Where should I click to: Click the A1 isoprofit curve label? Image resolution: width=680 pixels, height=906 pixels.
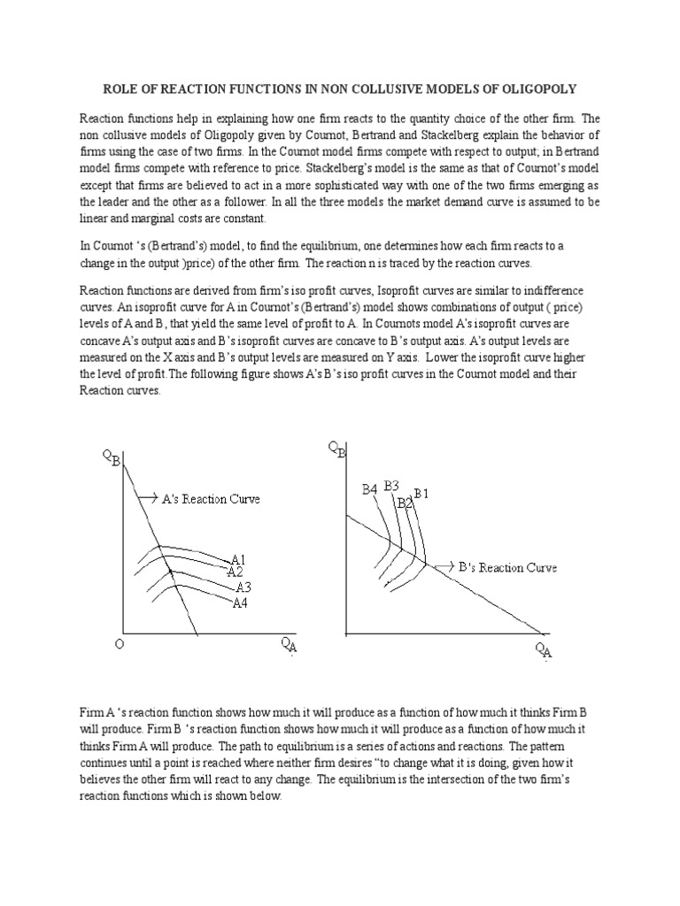(x=238, y=559)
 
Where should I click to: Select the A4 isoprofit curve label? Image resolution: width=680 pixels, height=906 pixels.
(x=240, y=603)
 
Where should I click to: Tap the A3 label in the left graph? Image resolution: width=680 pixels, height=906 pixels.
(x=243, y=587)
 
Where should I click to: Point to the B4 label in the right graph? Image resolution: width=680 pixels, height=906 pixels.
(x=369, y=488)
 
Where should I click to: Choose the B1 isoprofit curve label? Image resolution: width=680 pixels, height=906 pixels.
(x=421, y=493)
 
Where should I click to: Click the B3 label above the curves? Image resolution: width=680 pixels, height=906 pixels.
(x=391, y=485)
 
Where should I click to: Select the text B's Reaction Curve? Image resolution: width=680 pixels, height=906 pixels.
(x=507, y=567)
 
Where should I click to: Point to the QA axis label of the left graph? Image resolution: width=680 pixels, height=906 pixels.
(x=290, y=647)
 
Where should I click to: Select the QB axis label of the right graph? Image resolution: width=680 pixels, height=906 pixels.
(x=337, y=450)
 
